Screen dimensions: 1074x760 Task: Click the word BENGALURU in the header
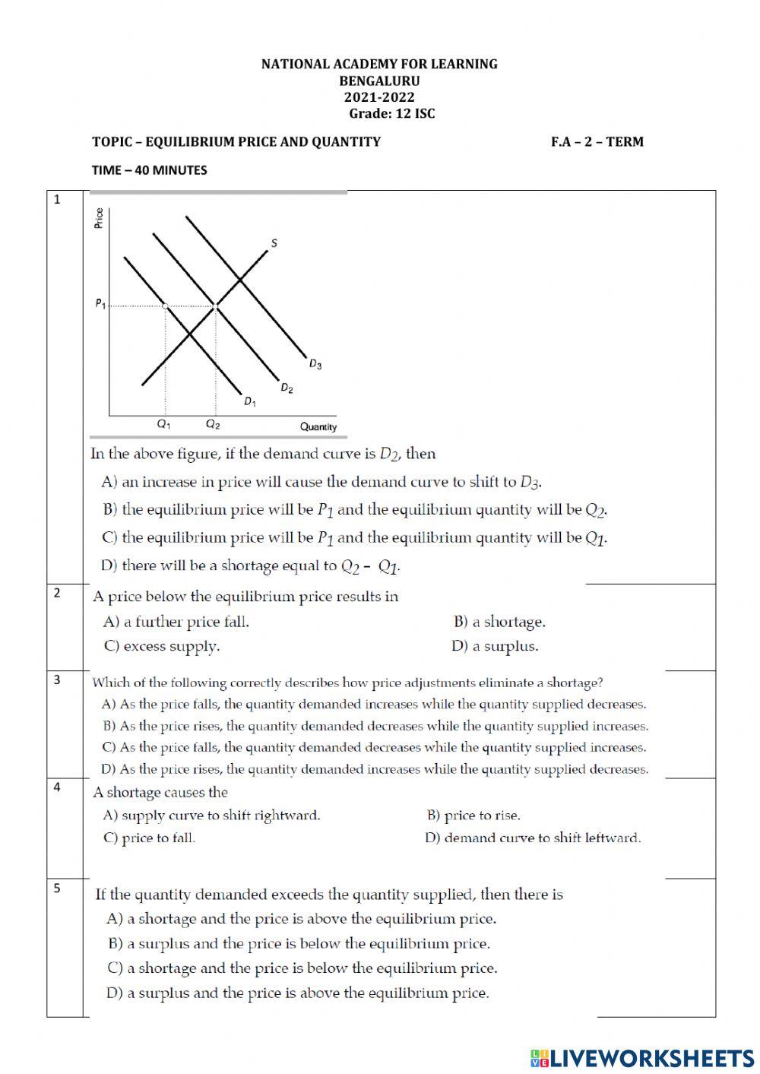[379, 81]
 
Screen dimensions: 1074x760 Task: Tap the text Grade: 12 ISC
[391, 114]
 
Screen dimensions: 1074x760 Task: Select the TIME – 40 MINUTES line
[149, 170]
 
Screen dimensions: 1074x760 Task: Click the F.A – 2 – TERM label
[597, 141]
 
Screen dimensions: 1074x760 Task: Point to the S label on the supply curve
[274, 243]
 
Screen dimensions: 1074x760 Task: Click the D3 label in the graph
[315, 365]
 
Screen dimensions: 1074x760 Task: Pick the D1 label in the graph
[249, 401]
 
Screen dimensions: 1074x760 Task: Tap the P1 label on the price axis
[100, 304]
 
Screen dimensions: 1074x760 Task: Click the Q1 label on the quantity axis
[164, 425]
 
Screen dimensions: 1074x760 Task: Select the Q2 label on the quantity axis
[214, 425]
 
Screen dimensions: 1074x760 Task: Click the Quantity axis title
[318, 427]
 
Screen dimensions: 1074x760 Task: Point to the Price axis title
[99, 218]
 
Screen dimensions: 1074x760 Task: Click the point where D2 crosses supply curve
[216, 306]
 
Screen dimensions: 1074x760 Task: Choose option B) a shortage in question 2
[499, 622]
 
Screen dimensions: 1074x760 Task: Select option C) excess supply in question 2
[161, 647]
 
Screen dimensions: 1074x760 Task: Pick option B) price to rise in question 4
[473, 816]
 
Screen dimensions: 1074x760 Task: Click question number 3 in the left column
[57, 680]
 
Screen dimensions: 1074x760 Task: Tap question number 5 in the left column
[57, 887]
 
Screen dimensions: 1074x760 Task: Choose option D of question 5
[298, 993]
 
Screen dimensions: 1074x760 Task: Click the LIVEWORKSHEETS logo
[642, 1057]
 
